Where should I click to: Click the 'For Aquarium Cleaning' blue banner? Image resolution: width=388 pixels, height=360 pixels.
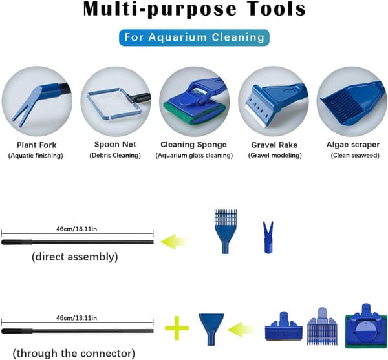pyautogui.click(x=194, y=37)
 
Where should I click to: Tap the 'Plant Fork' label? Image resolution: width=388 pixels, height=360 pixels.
pyautogui.click(x=37, y=145)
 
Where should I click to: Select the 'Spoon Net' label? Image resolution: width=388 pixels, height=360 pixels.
pyautogui.click(x=115, y=144)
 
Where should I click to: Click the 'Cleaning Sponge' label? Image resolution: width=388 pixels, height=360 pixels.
pyautogui.click(x=193, y=145)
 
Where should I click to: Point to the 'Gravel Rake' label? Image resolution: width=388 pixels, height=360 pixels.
pyautogui.click(x=274, y=145)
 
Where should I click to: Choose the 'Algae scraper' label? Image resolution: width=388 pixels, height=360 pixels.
pyautogui.click(x=353, y=145)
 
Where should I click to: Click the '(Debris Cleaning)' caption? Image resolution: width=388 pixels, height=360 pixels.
pyautogui.click(x=115, y=156)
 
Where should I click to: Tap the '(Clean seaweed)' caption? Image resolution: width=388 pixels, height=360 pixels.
pyautogui.click(x=355, y=156)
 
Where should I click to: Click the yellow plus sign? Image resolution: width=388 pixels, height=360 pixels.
pyautogui.click(x=177, y=328)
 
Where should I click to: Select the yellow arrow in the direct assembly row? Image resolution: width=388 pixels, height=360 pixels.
pyautogui.click(x=174, y=242)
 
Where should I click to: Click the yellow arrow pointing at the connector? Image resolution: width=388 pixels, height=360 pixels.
pyautogui.click(x=241, y=330)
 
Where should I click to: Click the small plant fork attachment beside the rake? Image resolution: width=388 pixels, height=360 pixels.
pyautogui.click(x=268, y=237)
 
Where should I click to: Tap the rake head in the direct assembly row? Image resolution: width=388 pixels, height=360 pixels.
pyautogui.click(x=226, y=231)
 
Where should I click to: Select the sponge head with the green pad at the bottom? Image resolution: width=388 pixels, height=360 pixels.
pyautogui.click(x=366, y=327)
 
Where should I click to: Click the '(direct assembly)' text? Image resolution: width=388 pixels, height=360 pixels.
pyautogui.click(x=75, y=257)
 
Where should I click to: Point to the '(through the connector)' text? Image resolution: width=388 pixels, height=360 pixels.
pyautogui.click(x=74, y=354)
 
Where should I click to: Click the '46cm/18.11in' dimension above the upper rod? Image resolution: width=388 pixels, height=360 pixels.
pyautogui.click(x=77, y=229)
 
